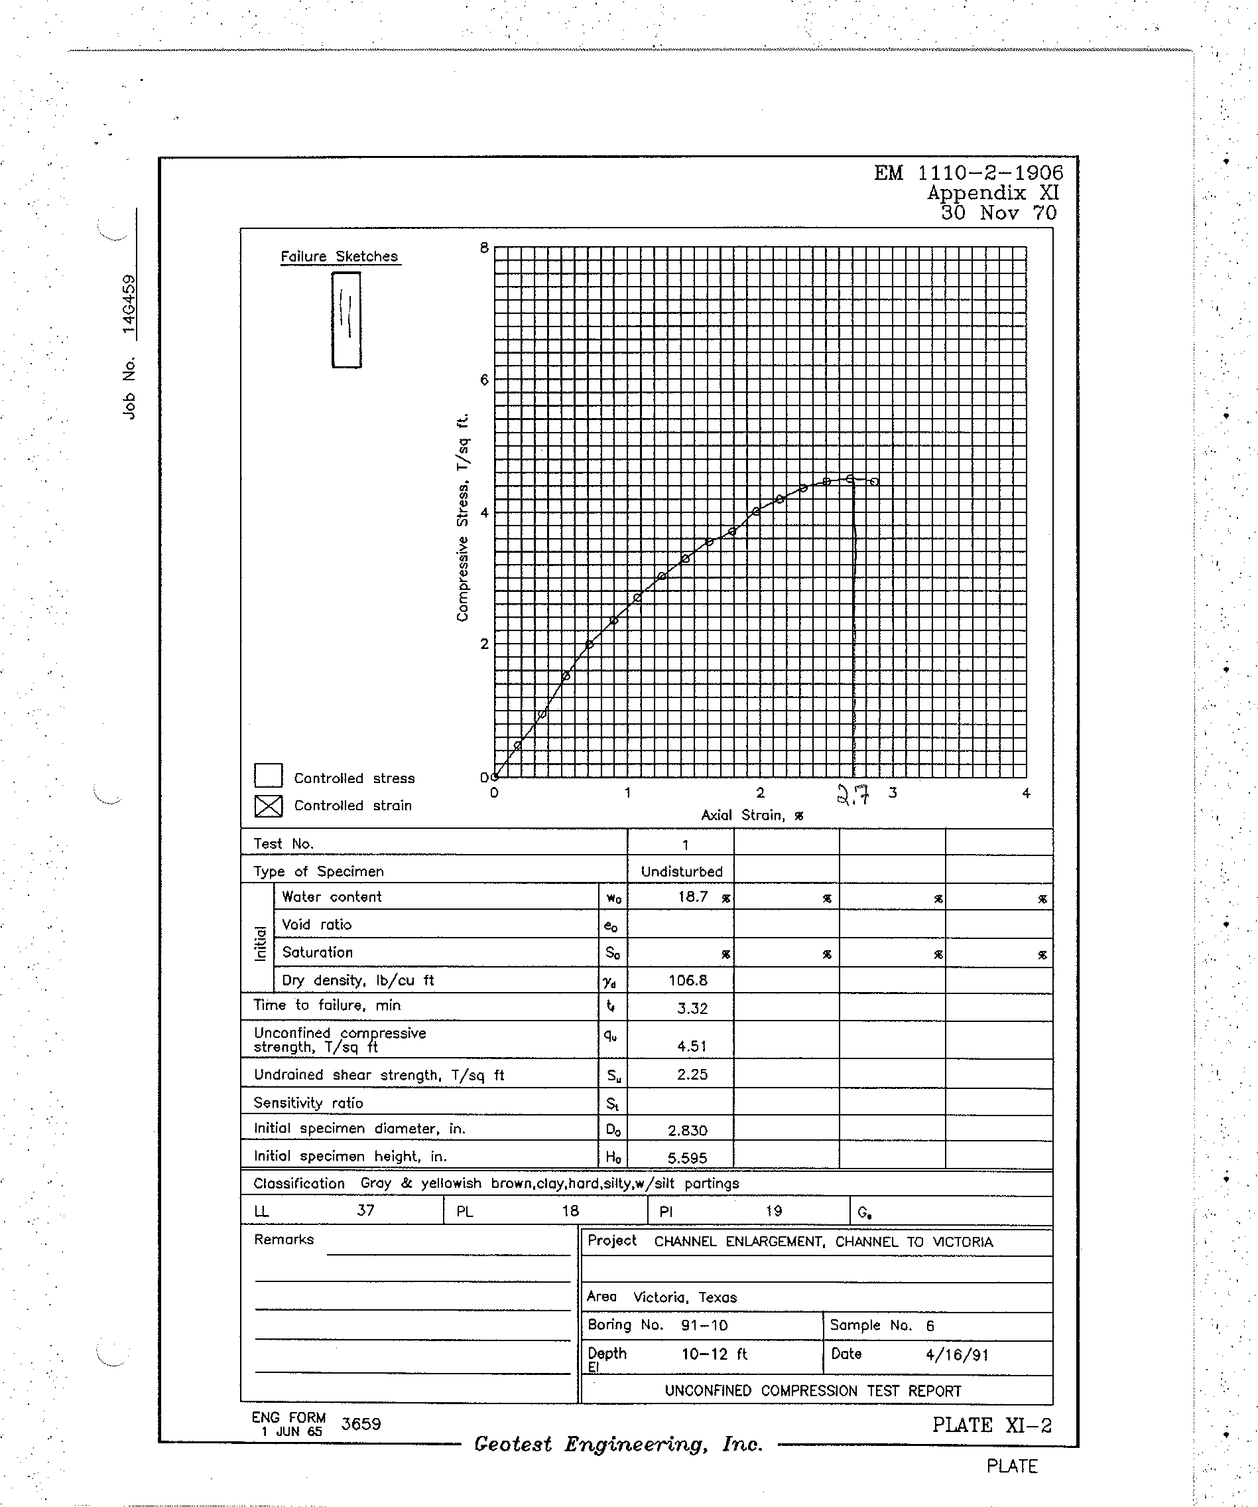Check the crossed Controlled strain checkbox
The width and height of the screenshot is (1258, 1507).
click(x=268, y=806)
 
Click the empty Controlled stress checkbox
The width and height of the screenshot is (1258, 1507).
click(x=268, y=776)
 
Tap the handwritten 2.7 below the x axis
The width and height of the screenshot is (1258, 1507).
click(x=853, y=795)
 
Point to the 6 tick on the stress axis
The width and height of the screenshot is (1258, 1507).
click(x=484, y=380)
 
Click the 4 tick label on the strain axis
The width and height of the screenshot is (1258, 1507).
click(x=1026, y=793)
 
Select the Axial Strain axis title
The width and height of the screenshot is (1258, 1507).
click(x=751, y=816)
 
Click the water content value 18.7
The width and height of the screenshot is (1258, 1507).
click(x=693, y=897)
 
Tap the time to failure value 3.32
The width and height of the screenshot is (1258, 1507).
click(x=692, y=1008)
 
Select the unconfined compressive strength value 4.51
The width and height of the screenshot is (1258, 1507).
click(x=692, y=1046)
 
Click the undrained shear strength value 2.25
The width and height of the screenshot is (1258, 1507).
click(x=692, y=1074)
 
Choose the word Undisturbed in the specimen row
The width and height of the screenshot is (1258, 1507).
click(x=681, y=872)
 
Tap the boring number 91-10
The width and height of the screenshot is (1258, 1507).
click(x=704, y=1325)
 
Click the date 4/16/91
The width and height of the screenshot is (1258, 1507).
click(x=957, y=1355)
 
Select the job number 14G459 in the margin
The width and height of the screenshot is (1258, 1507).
click(x=129, y=305)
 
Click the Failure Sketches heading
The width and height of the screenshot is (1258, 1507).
click(x=340, y=256)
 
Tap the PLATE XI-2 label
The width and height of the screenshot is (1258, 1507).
click(x=992, y=1425)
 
